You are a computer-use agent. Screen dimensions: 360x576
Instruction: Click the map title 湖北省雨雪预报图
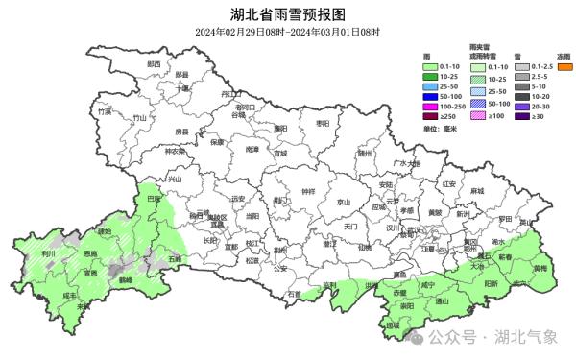(287, 14)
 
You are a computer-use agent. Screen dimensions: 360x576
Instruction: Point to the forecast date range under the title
(287, 32)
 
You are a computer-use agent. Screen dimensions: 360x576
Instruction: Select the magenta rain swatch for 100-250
(432, 107)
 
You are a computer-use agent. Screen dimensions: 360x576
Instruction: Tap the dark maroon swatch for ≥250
(432, 116)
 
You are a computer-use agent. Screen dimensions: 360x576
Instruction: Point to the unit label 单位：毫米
(440, 128)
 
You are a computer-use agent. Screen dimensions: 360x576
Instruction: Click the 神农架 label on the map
(174, 151)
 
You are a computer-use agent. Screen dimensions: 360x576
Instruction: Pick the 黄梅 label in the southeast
(540, 269)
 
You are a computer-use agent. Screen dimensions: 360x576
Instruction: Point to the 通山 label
(443, 300)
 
